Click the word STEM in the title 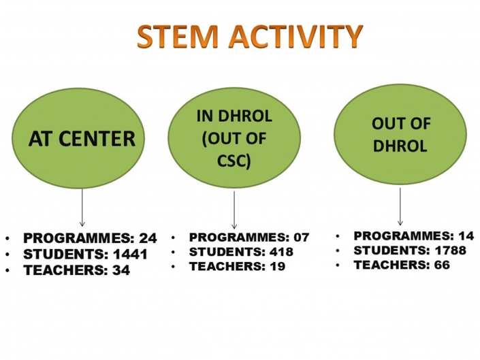pos(178,36)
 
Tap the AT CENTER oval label pos(82,139)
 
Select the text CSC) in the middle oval pos(234,161)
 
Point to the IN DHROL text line pos(234,116)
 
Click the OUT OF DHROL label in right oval pos(400,135)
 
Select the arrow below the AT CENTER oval pos(82,208)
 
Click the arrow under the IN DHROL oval pos(234,210)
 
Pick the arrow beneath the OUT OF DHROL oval pos(400,206)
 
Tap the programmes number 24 pos(148,238)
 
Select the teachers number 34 pos(121,270)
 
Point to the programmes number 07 pos(302,238)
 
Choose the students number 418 pos(281,252)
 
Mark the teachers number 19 pos(277,266)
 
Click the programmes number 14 pos(466,236)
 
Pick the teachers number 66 pos(442,265)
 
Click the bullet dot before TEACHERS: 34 pos(7,270)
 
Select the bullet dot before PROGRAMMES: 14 pos(338,236)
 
